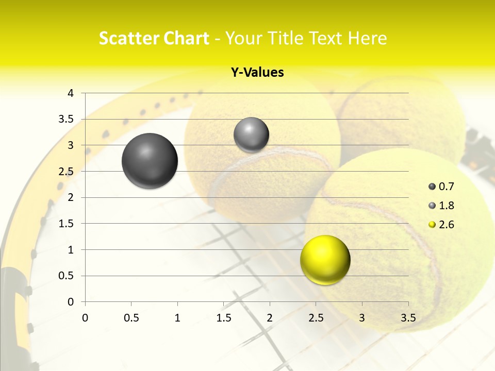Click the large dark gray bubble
pos(150,161)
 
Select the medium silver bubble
pos(251,134)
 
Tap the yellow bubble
pos(325,260)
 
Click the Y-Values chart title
pos(257,73)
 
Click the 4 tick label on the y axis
pos(71,93)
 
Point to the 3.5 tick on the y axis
pos(67,119)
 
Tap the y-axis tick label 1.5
pos(67,224)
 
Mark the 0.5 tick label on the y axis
pos(67,276)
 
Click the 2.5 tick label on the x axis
pos(316,318)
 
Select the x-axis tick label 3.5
pos(408,318)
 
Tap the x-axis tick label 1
pos(177,318)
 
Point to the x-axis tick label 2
pos(270,318)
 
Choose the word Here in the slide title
pos(368,38)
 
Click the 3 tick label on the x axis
pos(362,318)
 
